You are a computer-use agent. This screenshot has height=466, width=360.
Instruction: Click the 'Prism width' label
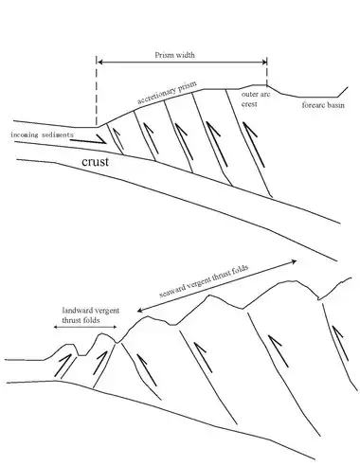point(174,55)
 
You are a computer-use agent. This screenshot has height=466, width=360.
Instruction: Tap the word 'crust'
point(95,162)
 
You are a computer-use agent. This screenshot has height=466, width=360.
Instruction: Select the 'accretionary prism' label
point(167,92)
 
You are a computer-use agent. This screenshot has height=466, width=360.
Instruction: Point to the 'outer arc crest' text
point(256,99)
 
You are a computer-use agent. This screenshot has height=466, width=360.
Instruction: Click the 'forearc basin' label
point(323,105)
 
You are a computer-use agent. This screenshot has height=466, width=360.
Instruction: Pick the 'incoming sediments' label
point(42,134)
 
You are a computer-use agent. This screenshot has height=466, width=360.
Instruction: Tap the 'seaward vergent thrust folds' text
point(204,280)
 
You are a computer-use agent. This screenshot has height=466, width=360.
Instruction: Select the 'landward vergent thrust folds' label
point(91,315)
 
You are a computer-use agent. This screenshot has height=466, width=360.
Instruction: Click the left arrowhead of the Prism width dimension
point(99,63)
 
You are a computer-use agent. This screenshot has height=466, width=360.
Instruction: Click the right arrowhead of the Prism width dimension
point(264,63)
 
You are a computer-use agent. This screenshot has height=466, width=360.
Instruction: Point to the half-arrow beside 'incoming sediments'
point(88,140)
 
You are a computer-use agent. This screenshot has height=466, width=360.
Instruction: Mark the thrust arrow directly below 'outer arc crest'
point(254,145)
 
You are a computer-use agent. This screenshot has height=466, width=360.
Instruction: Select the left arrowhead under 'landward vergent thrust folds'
point(55,327)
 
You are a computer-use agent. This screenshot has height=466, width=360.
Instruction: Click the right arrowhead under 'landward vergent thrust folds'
point(115,327)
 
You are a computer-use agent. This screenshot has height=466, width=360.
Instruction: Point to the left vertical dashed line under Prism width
point(97,91)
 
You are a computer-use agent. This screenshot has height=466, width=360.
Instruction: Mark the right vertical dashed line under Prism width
point(267,71)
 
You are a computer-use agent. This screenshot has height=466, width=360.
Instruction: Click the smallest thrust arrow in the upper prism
point(117,138)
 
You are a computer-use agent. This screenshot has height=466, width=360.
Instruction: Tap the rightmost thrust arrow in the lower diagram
point(340,344)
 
